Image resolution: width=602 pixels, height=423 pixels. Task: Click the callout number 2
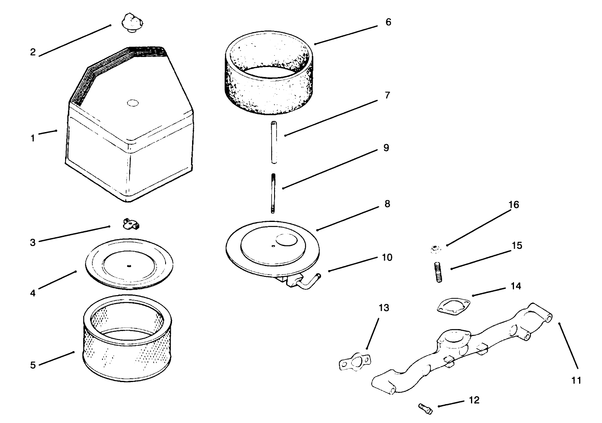[x=33, y=52]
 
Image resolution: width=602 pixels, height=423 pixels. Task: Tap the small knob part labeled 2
[x=130, y=22]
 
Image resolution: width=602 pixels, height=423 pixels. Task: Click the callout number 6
[x=388, y=22]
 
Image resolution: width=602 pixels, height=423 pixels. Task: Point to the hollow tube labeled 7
[x=274, y=142]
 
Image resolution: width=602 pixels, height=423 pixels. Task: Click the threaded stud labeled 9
[x=273, y=193]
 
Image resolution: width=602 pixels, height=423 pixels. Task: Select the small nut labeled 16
[x=435, y=249]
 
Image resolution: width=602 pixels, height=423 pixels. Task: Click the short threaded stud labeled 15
[x=438, y=272]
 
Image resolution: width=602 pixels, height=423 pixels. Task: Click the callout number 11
[x=576, y=380]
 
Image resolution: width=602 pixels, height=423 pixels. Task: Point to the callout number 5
[x=33, y=365]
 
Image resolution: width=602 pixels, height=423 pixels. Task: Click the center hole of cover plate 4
[x=129, y=265]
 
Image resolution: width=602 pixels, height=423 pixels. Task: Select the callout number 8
[x=387, y=204]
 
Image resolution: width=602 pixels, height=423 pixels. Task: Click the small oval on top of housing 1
[x=133, y=103]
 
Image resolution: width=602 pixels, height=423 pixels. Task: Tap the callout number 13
[x=384, y=308]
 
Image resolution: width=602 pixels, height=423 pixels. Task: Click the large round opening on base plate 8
[x=287, y=240]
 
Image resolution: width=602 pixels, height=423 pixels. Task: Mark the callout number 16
[x=514, y=205]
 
